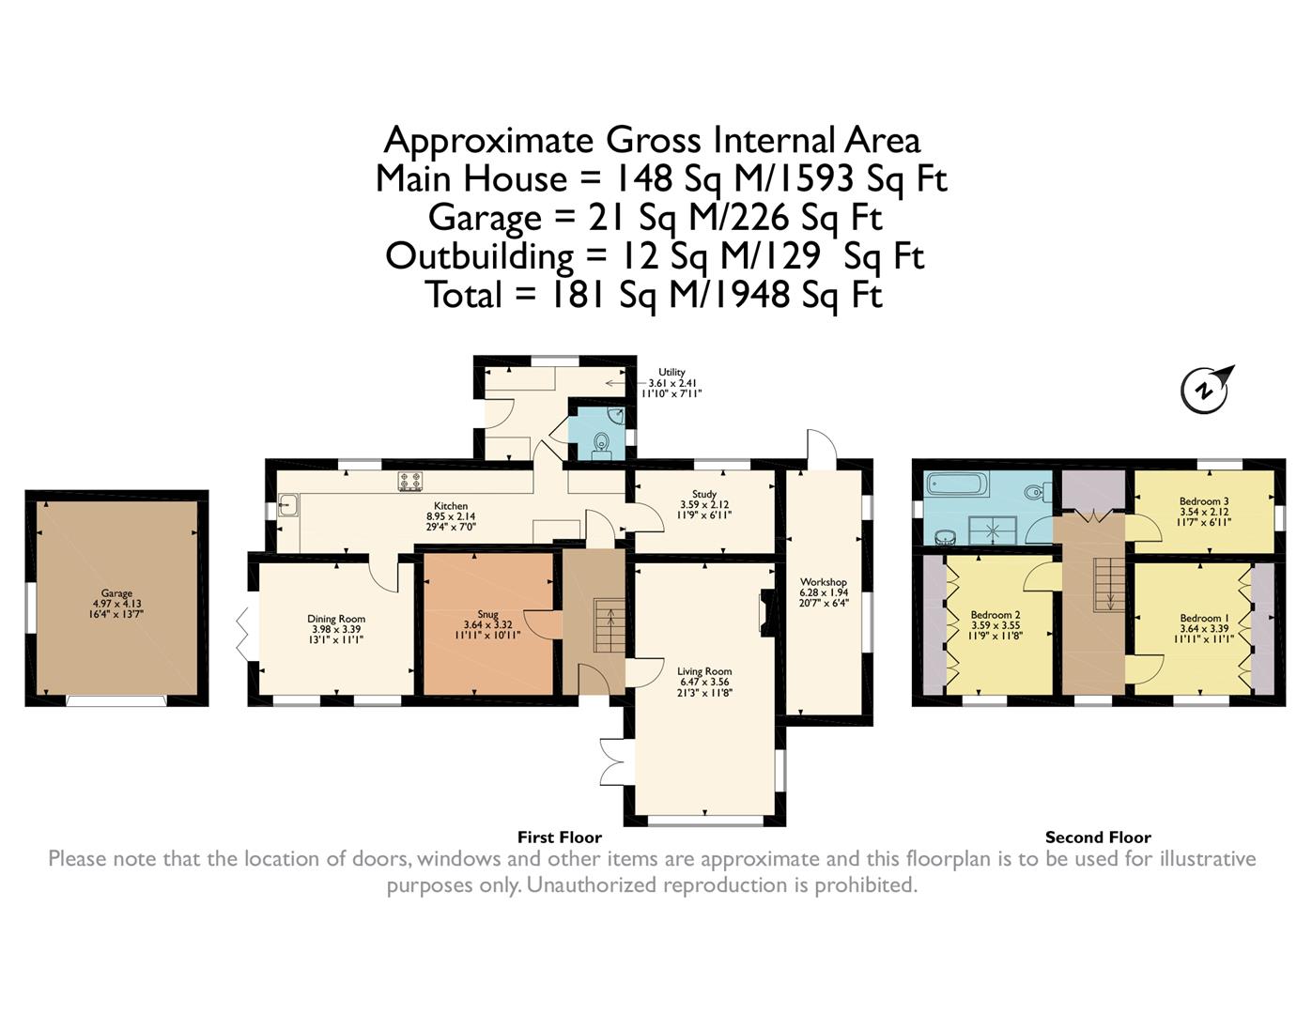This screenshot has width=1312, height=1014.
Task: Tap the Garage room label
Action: [116, 593]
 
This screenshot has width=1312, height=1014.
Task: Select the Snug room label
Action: [487, 615]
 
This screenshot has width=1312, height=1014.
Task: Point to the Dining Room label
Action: [336, 619]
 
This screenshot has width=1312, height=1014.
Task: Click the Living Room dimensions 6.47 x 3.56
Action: [704, 682]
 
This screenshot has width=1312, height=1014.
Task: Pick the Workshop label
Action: [824, 582]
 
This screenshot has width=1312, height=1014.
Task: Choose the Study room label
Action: [704, 494]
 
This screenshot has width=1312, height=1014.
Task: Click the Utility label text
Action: [671, 373]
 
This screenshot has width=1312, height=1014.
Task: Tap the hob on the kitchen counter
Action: [410, 481]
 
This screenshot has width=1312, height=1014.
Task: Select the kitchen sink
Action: [288, 504]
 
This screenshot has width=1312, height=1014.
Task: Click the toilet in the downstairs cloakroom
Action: [601, 443]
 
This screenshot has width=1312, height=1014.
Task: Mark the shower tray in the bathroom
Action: [993, 530]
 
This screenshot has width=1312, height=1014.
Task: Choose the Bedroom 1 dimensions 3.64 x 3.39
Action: [1205, 629]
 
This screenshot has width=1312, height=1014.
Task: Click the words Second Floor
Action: [1098, 837]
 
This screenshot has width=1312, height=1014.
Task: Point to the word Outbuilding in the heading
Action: [480, 257]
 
